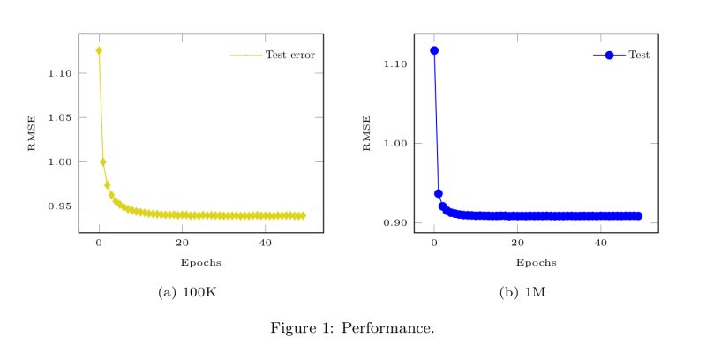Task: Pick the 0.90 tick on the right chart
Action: coord(398,222)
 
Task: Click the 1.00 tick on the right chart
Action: coord(398,143)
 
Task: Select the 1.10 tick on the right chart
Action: coord(398,64)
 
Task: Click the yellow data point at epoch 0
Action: coord(99,50)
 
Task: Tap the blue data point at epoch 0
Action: coord(434,50)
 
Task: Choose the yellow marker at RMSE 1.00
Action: coord(103,161)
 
